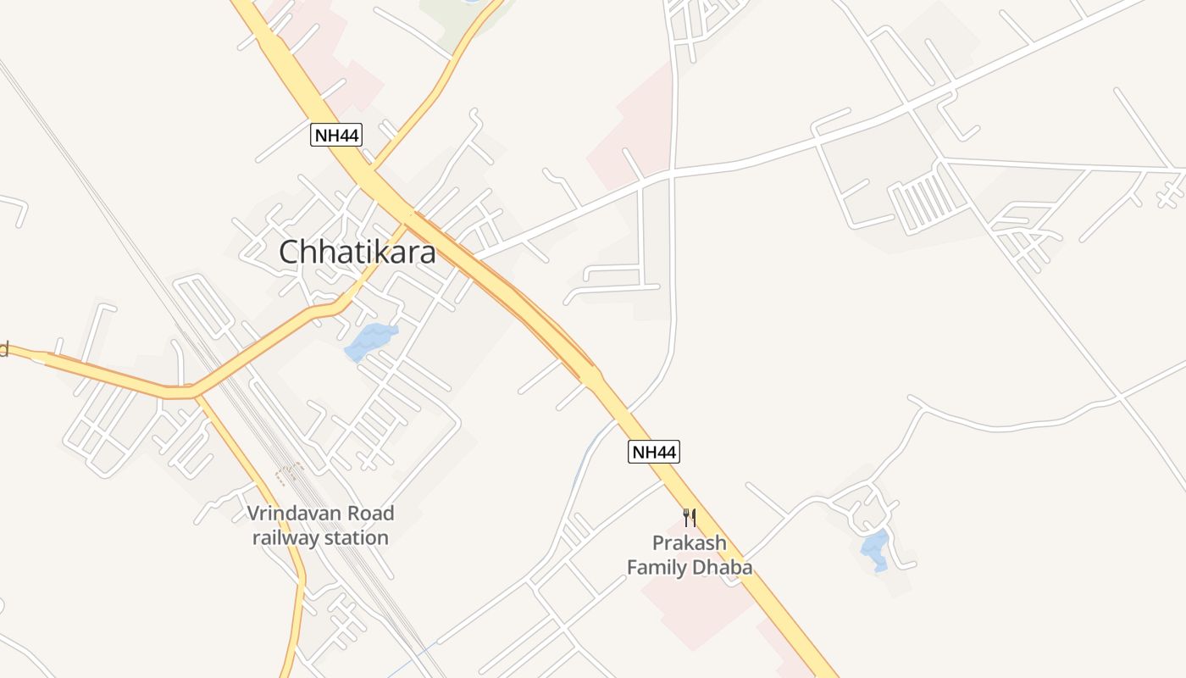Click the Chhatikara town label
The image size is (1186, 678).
[x=357, y=252]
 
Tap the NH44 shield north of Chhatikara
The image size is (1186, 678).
[x=336, y=135]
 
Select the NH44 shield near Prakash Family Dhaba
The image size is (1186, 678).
[x=653, y=452]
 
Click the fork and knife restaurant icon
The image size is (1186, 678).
[x=690, y=517]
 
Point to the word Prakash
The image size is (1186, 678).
[x=689, y=542]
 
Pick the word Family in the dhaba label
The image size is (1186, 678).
[x=656, y=567]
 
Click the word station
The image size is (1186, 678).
[x=359, y=537]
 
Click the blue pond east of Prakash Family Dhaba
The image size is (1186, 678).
[x=875, y=548]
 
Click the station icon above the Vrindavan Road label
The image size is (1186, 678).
[x=289, y=471]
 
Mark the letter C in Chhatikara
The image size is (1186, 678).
[x=290, y=252]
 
